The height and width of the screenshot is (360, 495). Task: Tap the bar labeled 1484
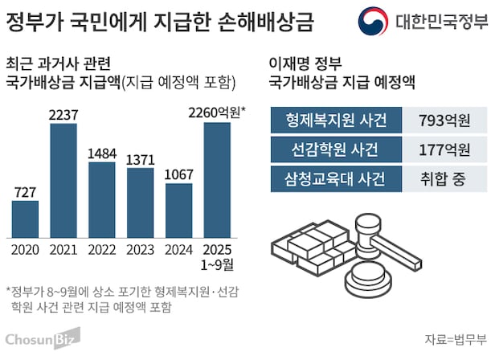[102, 198]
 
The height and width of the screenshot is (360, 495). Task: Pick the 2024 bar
[179, 208]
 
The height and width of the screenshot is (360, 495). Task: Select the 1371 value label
[141, 160]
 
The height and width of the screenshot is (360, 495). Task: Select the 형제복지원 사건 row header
[337, 121]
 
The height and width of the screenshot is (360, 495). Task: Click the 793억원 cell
[444, 121]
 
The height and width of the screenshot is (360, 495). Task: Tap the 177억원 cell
[444, 149]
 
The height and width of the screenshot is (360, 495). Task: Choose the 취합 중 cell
[444, 178]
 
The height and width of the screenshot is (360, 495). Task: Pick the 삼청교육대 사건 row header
[337, 178]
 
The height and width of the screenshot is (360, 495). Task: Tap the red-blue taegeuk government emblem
[373, 20]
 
